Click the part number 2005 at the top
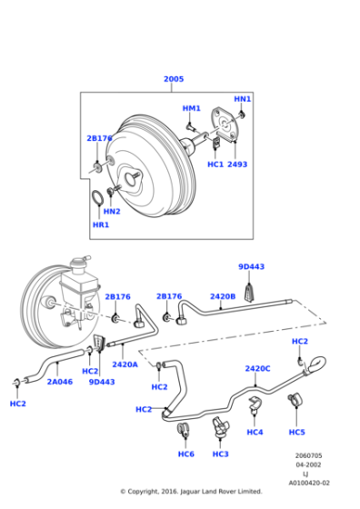coord(173,79)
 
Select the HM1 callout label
coord(191,108)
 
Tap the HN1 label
coord(242,98)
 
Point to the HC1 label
coord(215,165)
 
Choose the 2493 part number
coord(237,165)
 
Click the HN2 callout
coord(112,211)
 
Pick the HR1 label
coord(100,225)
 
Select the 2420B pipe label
coord(223,295)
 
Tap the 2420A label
coord(125,364)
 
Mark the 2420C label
coord(257,368)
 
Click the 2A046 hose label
coord(59,383)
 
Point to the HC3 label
coord(221,454)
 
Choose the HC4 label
coord(255,432)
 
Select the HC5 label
coord(296,432)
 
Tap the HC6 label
coord(186,454)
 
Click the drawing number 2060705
coord(308,455)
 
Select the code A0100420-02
coord(308,483)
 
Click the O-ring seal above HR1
coord(97,198)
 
